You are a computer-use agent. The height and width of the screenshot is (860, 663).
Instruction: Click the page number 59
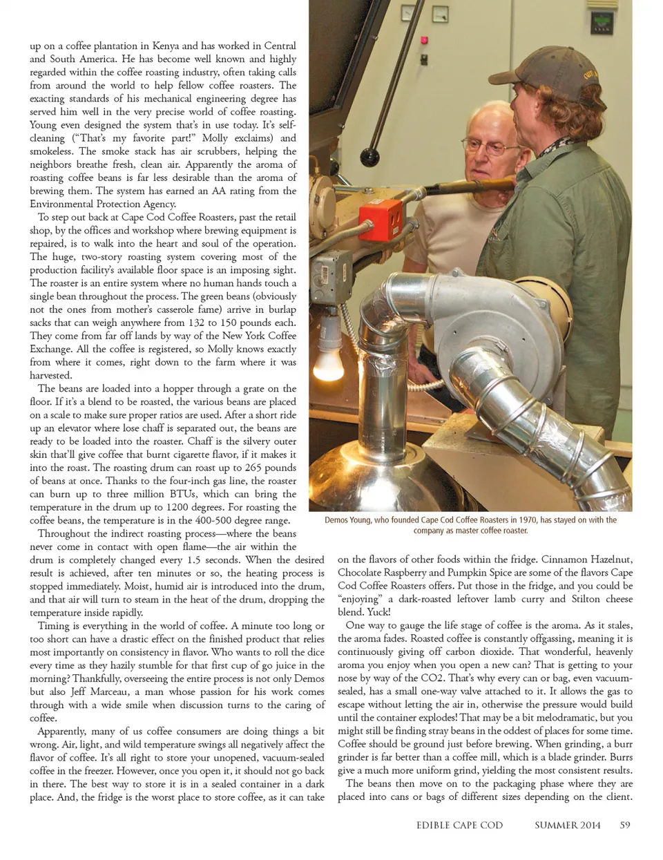625,825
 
